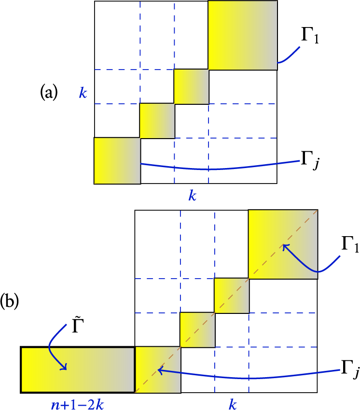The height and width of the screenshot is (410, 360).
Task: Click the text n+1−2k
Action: point(73,404)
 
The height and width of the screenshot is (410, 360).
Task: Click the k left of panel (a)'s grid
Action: point(83,93)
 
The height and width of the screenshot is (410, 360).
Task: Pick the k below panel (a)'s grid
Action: point(193,197)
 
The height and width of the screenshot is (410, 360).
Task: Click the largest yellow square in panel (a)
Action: point(243,35)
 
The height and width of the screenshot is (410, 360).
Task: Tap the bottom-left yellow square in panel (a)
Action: point(117,161)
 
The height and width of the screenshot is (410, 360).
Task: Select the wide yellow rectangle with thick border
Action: point(77,369)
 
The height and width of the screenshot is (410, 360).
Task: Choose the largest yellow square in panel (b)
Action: point(283,244)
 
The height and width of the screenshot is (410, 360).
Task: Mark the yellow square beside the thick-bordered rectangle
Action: point(158,369)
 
